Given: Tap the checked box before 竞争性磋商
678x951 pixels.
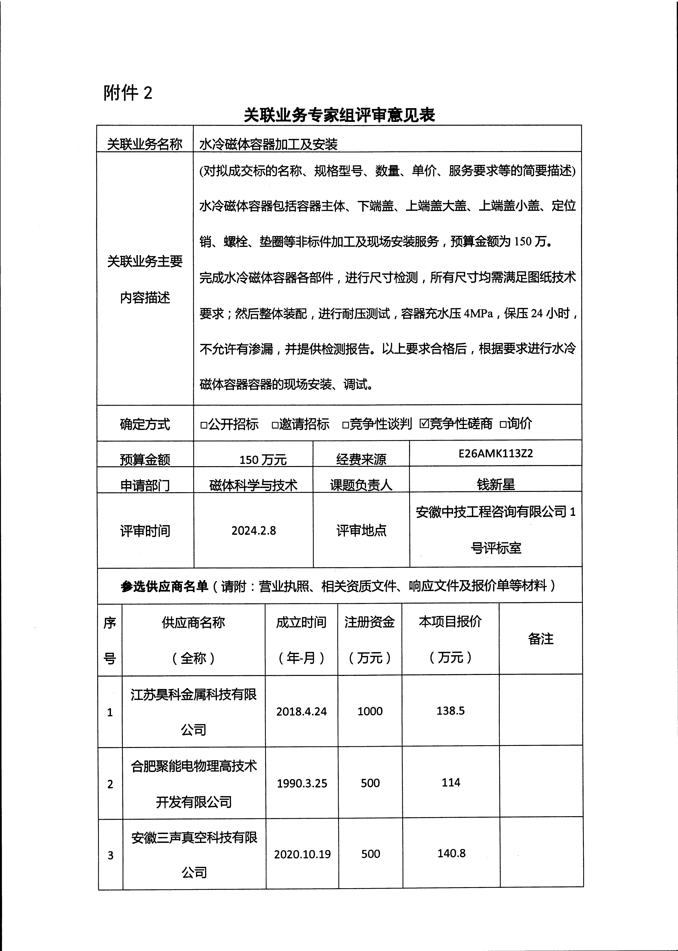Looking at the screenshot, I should [424, 423].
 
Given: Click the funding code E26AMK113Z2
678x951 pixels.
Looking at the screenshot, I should [496, 453].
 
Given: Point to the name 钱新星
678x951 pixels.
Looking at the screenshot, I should [496, 484].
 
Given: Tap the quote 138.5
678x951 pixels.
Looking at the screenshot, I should [450, 710].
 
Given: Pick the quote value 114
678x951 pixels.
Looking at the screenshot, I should [451, 782].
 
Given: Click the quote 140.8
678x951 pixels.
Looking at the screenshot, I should [451, 853].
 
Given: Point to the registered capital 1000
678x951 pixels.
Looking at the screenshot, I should [370, 711].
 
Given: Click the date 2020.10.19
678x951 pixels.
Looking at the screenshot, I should [302, 854].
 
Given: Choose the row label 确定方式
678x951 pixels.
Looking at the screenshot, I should [145, 424].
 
